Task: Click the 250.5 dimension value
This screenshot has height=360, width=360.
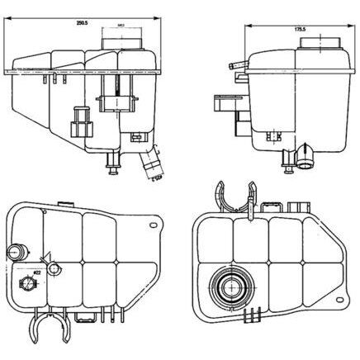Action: tap(81, 23)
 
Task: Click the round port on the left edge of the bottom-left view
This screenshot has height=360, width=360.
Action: tap(17, 252)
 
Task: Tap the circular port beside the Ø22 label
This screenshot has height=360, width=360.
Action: tap(26, 286)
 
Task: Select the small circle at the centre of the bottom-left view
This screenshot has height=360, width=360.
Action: tap(54, 270)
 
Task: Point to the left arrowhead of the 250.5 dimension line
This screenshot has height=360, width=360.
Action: tap(11, 29)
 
